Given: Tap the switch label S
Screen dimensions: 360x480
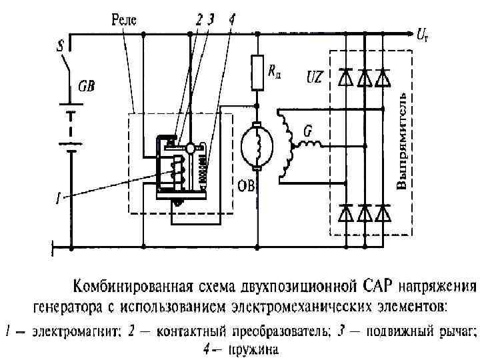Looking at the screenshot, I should click(x=61, y=47).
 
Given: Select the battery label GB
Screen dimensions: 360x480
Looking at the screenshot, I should click(x=87, y=86).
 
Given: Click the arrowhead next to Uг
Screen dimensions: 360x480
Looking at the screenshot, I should click(x=408, y=31).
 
